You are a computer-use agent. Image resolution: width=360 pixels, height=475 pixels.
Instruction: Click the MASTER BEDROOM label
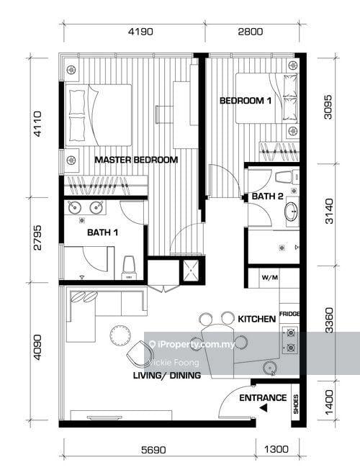click(x=136, y=160)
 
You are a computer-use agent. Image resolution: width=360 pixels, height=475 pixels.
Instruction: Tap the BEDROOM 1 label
click(x=246, y=101)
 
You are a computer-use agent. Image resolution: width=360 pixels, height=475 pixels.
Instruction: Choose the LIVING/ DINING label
click(x=166, y=376)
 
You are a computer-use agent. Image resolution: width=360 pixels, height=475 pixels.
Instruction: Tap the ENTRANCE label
click(x=263, y=398)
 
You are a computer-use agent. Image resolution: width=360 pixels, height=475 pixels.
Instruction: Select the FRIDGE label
click(x=290, y=315)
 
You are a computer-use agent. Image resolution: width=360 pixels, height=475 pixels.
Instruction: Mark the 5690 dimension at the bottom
click(x=154, y=450)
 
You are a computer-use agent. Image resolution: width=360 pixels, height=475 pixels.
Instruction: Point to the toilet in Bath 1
click(x=130, y=266)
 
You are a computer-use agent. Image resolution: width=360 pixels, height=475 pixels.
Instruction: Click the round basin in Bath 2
click(x=290, y=212)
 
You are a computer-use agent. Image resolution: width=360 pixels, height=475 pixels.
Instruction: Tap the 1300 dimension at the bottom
click(x=276, y=450)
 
